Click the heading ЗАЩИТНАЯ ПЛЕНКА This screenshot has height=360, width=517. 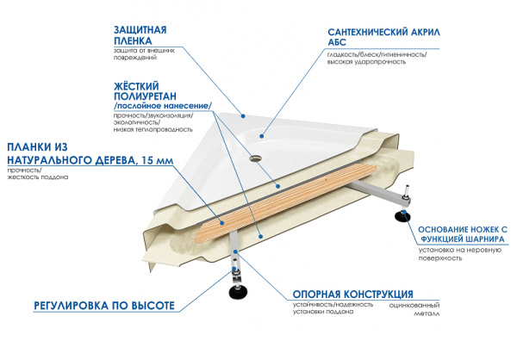tap(139, 34)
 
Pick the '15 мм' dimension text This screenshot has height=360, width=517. tap(160, 160)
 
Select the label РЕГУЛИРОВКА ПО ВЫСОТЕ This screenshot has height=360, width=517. tap(104, 306)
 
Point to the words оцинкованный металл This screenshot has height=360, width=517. tap(414, 310)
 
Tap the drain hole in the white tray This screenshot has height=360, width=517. tap(254, 158)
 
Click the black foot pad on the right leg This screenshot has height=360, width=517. tap(402, 215)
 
